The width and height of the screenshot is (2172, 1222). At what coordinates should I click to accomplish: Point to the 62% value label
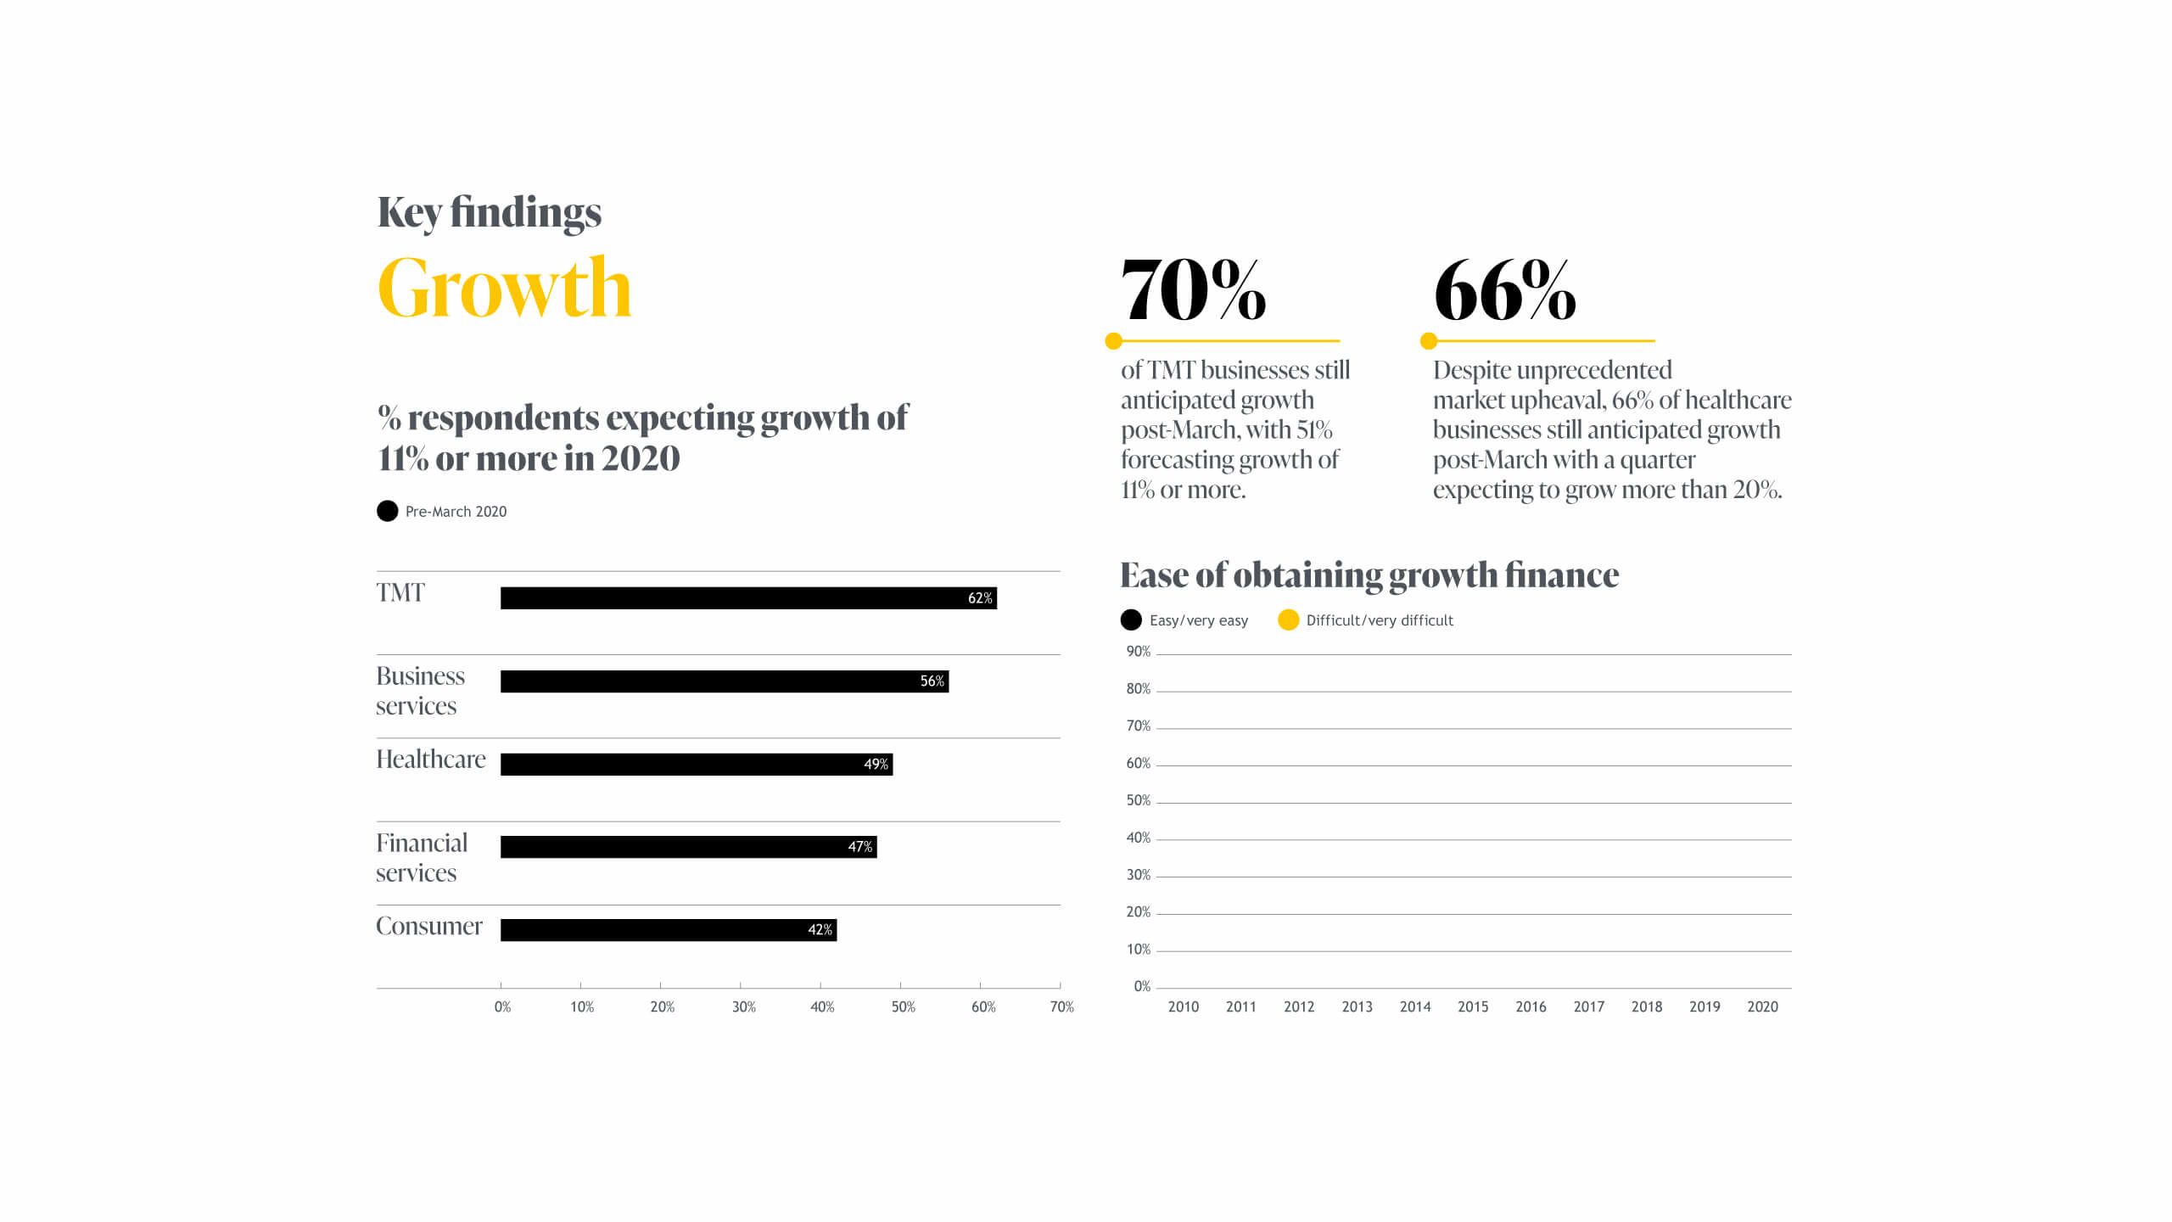tap(980, 598)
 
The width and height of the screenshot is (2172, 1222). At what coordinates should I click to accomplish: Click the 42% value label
tap(820, 930)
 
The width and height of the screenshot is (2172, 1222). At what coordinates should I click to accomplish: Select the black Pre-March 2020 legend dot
tap(388, 511)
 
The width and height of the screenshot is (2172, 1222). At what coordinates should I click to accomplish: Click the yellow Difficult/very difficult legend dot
tap(1288, 620)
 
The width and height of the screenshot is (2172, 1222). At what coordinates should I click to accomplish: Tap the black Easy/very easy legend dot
tap(1131, 620)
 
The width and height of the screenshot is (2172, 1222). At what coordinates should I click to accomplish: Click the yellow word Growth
tap(505, 289)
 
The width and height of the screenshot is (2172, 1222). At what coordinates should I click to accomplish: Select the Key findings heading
tap(490, 212)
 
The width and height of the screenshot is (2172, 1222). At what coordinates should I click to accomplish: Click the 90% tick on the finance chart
tap(1139, 652)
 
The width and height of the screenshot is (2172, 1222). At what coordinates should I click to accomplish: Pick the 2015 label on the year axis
tap(1473, 1006)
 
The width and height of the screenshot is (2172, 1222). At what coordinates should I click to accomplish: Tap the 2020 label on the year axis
tap(1762, 1006)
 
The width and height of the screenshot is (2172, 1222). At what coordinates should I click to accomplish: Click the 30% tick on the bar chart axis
tap(743, 1007)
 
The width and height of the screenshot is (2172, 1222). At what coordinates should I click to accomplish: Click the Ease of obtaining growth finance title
tap(1369, 575)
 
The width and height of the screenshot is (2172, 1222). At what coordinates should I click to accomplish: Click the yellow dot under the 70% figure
tap(1114, 341)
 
